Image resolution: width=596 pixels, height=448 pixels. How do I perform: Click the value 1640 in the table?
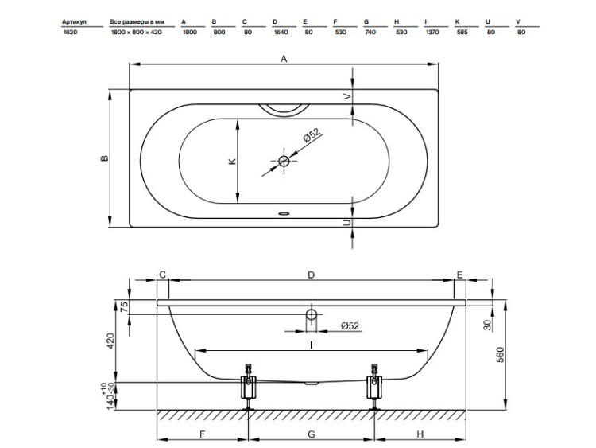[281, 33]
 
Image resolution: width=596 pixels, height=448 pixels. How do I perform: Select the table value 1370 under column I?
[432, 33]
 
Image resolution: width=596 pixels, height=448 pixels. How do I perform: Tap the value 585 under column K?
[462, 33]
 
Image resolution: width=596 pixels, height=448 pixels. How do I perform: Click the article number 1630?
[70, 33]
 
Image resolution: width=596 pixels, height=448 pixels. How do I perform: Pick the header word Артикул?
[74, 22]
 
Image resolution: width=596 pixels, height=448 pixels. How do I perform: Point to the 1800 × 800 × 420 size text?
[136, 33]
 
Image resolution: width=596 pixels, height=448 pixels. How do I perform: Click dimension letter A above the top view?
[284, 59]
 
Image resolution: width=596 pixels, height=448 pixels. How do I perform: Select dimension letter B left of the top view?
[105, 158]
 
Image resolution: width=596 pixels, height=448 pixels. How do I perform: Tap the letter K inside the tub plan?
[232, 162]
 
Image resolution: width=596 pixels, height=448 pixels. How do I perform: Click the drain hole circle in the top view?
[284, 161]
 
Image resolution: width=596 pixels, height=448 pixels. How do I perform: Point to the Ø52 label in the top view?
[312, 136]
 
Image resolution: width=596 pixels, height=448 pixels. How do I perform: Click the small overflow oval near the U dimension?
[284, 213]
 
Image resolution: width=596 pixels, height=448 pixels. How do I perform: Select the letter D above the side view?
[311, 275]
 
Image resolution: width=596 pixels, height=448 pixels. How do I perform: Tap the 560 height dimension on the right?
[501, 355]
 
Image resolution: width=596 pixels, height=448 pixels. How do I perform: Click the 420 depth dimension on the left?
[110, 341]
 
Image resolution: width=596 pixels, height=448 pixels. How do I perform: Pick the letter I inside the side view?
[312, 345]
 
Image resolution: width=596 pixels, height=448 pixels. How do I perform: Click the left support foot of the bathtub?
[248, 387]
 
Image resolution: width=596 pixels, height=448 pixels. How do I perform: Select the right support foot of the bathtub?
[374, 387]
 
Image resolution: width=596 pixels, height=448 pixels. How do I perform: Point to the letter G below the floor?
[312, 434]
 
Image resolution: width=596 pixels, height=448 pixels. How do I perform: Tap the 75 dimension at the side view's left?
[124, 307]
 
